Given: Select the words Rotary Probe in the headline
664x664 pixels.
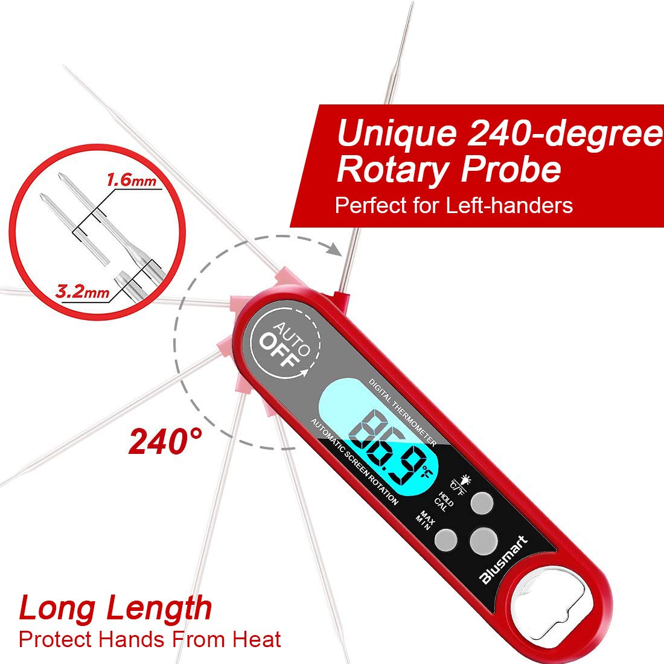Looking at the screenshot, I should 449,170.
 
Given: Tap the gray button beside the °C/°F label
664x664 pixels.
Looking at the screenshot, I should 481,502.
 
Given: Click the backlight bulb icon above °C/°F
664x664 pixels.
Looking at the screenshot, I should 464,480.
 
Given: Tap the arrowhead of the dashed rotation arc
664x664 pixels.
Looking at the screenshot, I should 331,247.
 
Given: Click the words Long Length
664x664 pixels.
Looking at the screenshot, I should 115,608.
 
